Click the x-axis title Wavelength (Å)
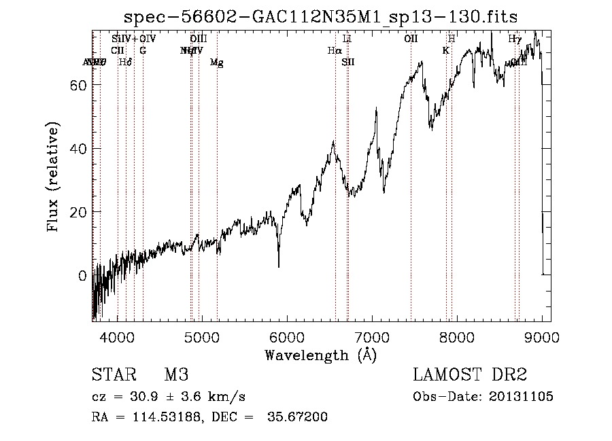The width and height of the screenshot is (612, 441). pyautogui.click(x=320, y=354)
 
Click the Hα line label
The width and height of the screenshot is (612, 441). pyautogui.click(x=334, y=50)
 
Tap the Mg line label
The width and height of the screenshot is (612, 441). pyautogui.click(x=216, y=63)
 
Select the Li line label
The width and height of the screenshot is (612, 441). pyautogui.click(x=347, y=39)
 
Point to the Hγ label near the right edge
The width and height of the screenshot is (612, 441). pyautogui.click(x=515, y=39)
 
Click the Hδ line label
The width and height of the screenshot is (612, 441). pyautogui.click(x=125, y=63)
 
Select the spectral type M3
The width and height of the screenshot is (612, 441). pyautogui.click(x=175, y=375)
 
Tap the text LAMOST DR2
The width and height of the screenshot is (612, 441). pyautogui.click(x=469, y=375)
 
